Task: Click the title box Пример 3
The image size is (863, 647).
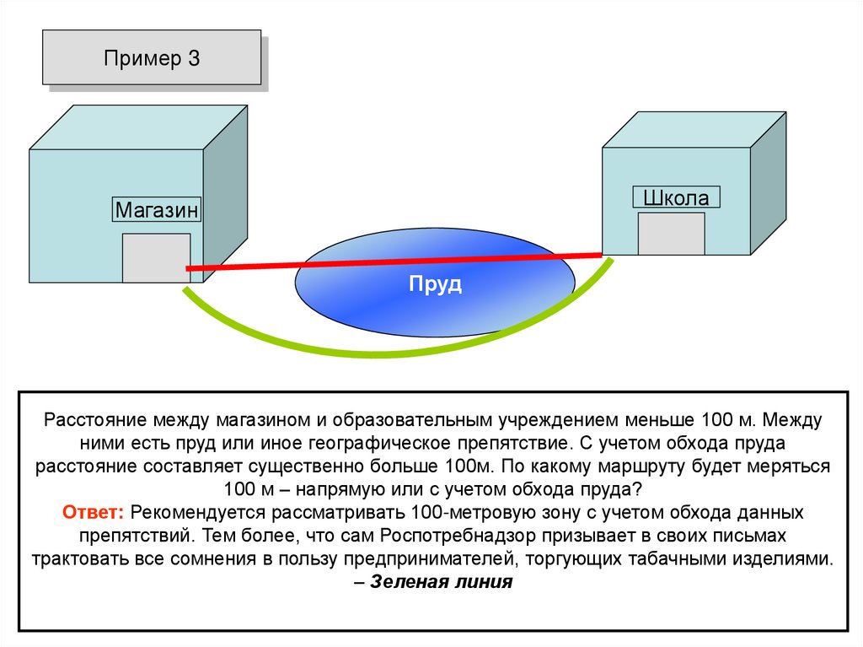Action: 152,58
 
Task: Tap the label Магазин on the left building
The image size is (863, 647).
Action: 158,210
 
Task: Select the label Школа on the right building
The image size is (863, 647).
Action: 676,198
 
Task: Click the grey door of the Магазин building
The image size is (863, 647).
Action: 156,257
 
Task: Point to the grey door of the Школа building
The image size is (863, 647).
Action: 671,234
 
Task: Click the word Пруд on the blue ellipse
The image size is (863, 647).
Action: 435,284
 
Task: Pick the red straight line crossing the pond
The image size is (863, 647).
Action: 253,266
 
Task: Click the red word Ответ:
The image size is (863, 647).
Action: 94,512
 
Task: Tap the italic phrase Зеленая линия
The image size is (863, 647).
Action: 441,582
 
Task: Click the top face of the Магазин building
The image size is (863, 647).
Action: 139,127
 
